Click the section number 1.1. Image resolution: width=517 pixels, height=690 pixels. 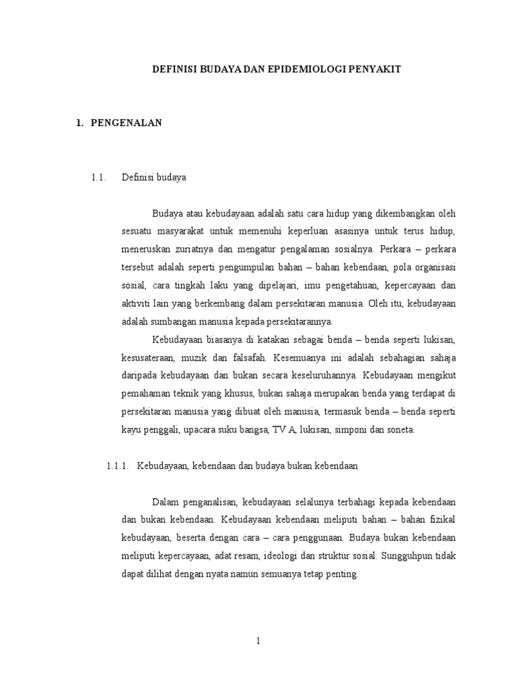[98, 179]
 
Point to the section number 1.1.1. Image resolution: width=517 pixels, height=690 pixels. [117, 466]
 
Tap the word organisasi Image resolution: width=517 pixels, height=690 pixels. [432, 267]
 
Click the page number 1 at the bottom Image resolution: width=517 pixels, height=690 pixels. [258, 641]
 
